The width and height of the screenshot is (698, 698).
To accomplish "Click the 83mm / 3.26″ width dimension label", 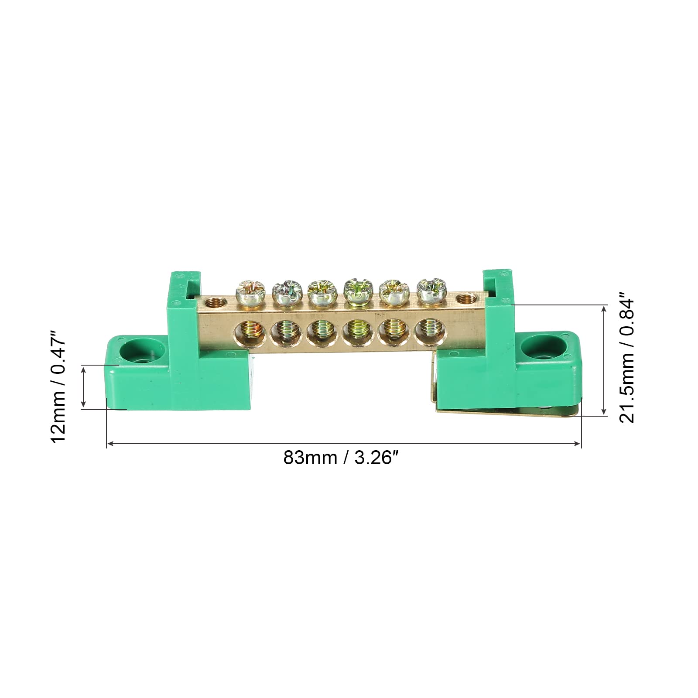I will click(x=342, y=458).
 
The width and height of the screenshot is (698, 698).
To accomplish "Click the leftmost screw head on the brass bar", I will click(x=247, y=291).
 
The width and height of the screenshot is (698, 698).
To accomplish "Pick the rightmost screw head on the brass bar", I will click(x=429, y=289).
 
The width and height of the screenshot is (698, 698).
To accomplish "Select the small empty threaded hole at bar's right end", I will click(x=466, y=299).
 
